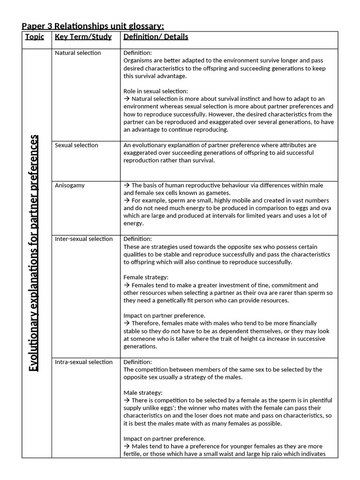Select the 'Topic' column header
(x=35, y=37)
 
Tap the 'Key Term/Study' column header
(x=83, y=37)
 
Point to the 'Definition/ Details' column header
(x=156, y=37)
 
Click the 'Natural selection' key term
(x=78, y=53)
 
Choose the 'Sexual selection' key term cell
(x=76, y=145)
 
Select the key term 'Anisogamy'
(x=70, y=185)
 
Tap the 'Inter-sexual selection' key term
(x=84, y=239)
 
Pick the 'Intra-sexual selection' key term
(x=84, y=362)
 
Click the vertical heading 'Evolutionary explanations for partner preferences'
(x=34, y=253)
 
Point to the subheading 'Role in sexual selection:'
(x=156, y=91)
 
